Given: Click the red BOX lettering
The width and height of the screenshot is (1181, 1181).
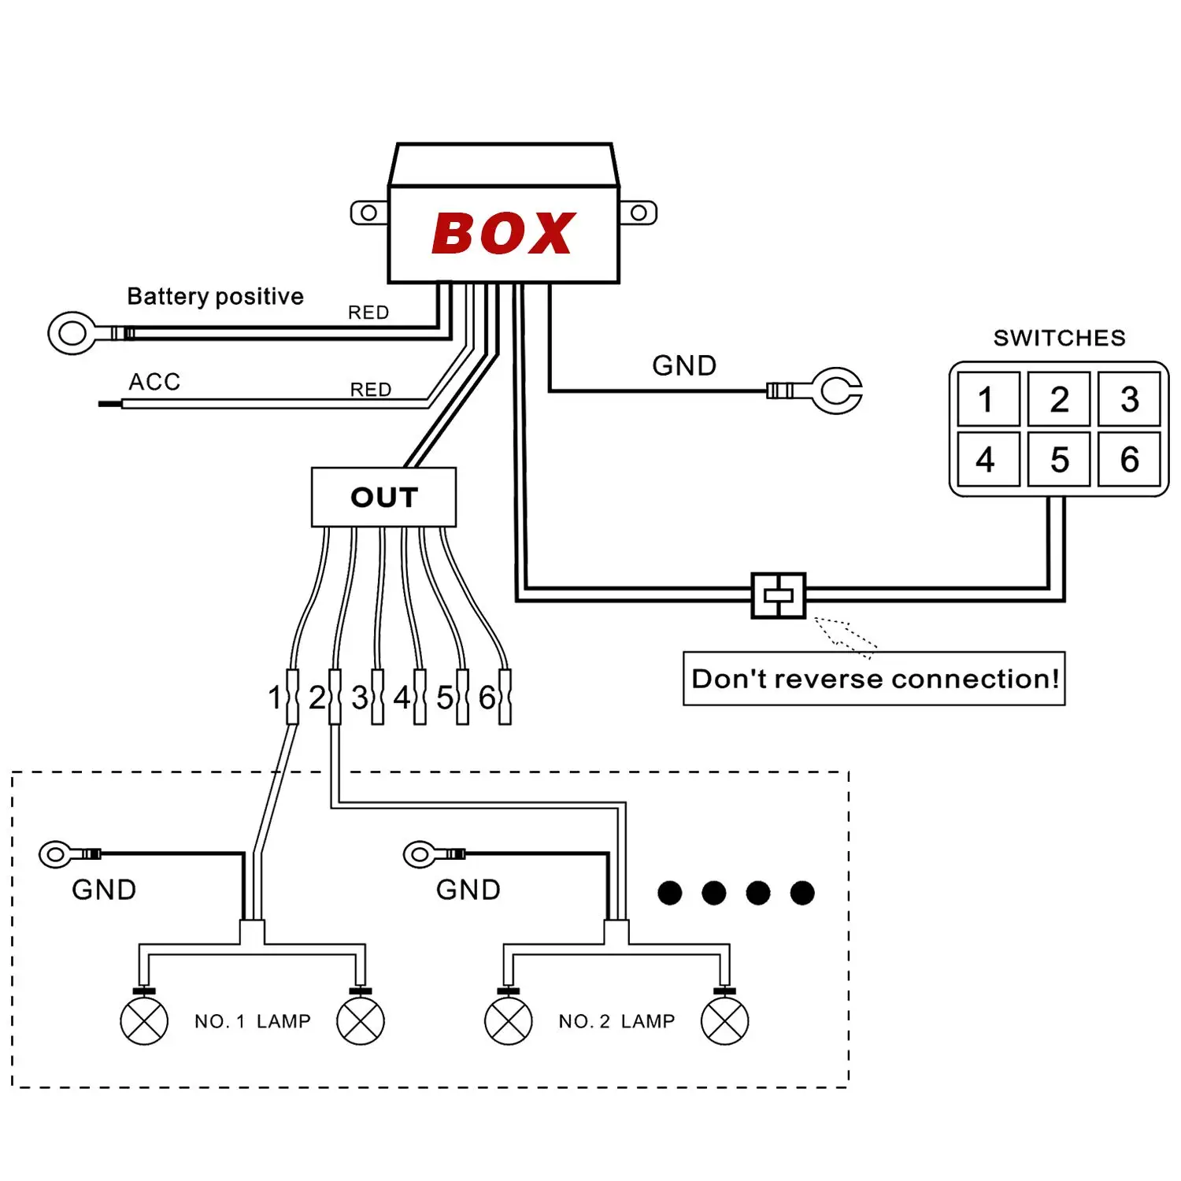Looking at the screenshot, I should pyautogui.click(x=504, y=234).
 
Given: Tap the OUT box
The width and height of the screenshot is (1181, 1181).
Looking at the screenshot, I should pyautogui.click(x=383, y=498).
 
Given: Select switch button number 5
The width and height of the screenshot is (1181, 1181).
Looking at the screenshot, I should pyautogui.click(x=1059, y=459).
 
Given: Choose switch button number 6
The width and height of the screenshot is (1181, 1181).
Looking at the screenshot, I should pyautogui.click(x=1129, y=459).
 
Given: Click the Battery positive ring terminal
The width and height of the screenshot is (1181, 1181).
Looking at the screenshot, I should pyautogui.click(x=73, y=333).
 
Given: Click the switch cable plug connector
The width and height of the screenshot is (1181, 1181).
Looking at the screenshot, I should pyautogui.click(x=778, y=596).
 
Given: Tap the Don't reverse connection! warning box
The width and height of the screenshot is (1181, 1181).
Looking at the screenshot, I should pyautogui.click(x=874, y=679).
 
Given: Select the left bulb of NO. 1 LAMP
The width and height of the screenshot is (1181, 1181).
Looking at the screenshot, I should pyautogui.click(x=144, y=1021).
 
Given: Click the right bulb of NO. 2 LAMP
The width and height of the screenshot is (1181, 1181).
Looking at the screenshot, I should pyautogui.click(x=724, y=1021).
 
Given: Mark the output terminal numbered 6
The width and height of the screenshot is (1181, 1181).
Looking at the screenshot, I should pyautogui.click(x=505, y=697).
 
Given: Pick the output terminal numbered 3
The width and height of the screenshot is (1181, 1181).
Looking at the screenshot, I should pyautogui.click(x=377, y=697).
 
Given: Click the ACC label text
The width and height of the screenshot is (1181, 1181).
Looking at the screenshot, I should pyautogui.click(x=155, y=382).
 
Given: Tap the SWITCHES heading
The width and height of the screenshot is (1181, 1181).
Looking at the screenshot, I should pyautogui.click(x=1059, y=338).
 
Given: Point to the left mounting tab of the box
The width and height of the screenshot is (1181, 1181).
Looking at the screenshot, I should pyautogui.click(x=368, y=213).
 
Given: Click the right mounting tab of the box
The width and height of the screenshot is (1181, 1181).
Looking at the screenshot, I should pyautogui.click(x=639, y=213).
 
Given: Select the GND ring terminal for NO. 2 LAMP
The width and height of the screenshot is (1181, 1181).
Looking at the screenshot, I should pyautogui.click(x=420, y=853).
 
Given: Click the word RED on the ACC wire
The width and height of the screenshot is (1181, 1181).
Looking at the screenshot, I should pyautogui.click(x=371, y=390).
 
